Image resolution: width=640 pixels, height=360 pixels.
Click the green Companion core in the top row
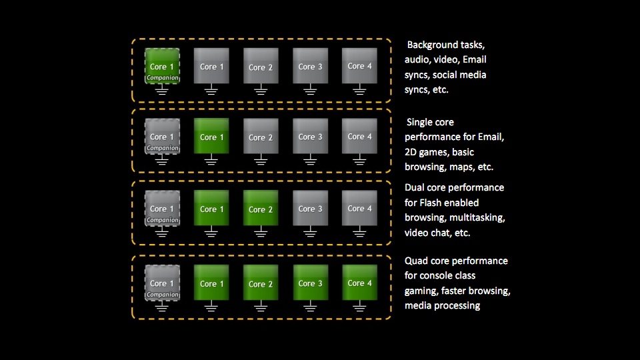[x=162, y=66]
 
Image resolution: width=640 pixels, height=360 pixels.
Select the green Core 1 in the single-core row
[x=211, y=136]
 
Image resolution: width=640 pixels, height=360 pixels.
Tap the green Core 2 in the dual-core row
[x=261, y=208]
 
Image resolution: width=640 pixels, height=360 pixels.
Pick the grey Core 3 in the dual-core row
[x=310, y=208]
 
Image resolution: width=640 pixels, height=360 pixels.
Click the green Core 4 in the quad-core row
[x=359, y=283]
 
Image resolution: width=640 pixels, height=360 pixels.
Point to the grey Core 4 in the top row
[x=359, y=66]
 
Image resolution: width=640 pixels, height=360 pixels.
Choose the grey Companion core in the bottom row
[x=162, y=283]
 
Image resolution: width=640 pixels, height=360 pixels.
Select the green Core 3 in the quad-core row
[x=310, y=283]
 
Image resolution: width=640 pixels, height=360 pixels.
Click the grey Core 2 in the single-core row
[x=261, y=136]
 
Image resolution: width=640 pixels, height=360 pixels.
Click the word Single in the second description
[x=418, y=123]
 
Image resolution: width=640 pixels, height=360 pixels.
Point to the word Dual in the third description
[x=414, y=187]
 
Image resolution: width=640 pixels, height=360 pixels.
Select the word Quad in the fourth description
[x=416, y=261]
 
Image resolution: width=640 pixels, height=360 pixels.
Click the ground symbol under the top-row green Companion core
[x=161, y=89]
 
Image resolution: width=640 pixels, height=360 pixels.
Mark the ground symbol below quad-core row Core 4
[x=359, y=306]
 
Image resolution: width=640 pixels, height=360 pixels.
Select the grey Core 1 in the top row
[x=211, y=66]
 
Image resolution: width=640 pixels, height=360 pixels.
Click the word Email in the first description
[x=474, y=59]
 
